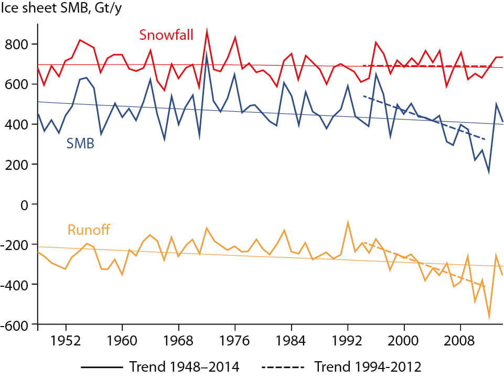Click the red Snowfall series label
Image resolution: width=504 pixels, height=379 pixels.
pyautogui.click(x=166, y=35)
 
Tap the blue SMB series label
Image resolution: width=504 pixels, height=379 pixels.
pyautogui.click(x=80, y=143)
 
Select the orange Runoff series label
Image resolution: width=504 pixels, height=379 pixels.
pyautogui.click(x=89, y=230)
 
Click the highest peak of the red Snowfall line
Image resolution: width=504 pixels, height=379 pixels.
pyautogui.click(x=207, y=30)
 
